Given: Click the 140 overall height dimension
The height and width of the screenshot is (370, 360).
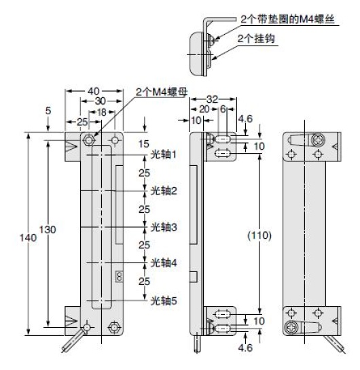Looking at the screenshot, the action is click(28, 237).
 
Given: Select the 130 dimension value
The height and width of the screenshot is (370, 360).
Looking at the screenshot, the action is click(48, 230).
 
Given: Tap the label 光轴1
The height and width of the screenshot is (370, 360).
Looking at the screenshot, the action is click(164, 154).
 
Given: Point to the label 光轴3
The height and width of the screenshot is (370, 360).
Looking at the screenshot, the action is click(164, 227).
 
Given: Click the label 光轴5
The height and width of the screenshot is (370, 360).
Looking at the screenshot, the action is click(164, 301).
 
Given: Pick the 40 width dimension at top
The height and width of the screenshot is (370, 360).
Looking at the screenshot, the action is click(94, 91).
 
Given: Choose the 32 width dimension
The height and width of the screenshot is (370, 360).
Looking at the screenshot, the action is click(213, 99).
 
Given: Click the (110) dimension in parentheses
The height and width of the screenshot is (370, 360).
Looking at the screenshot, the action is click(259, 235).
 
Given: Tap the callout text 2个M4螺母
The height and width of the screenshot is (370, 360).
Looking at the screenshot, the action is click(162, 92).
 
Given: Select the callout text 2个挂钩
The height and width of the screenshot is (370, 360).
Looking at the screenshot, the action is click(256, 39).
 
